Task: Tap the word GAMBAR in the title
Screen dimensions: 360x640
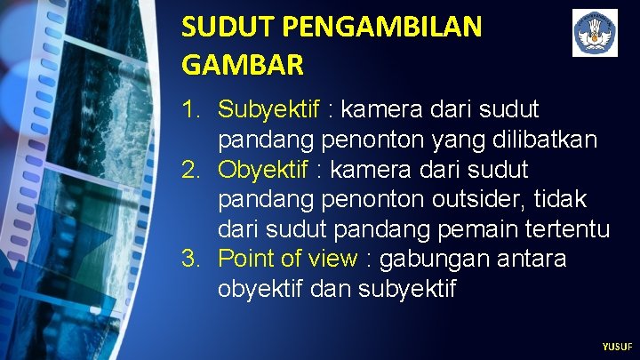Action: (x=243, y=65)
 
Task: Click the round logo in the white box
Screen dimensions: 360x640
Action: (x=595, y=33)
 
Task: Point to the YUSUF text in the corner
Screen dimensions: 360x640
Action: (x=617, y=347)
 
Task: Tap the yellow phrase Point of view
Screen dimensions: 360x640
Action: (x=287, y=259)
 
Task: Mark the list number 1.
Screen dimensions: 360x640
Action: (x=191, y=109)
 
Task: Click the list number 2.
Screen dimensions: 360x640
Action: (x=191, y=169)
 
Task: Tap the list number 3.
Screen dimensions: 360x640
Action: (x=191, y=259)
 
